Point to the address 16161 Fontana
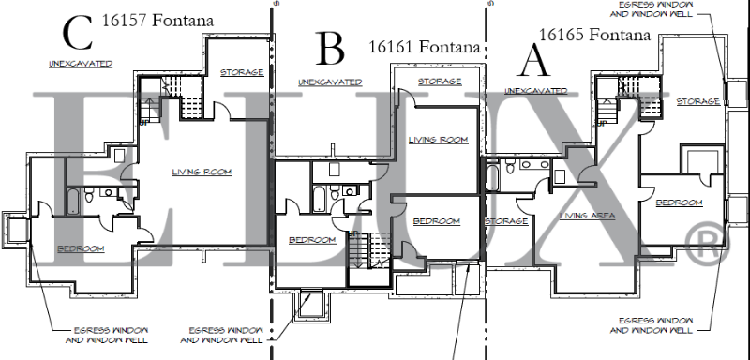424,46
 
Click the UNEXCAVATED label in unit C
81,64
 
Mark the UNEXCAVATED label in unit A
536,91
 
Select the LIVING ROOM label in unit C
202,172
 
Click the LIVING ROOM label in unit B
438,140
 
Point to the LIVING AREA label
586,216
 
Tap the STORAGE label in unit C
241,72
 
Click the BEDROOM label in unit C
81,248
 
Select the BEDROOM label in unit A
679,202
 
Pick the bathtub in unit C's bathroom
73,200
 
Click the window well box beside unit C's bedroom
15,228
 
